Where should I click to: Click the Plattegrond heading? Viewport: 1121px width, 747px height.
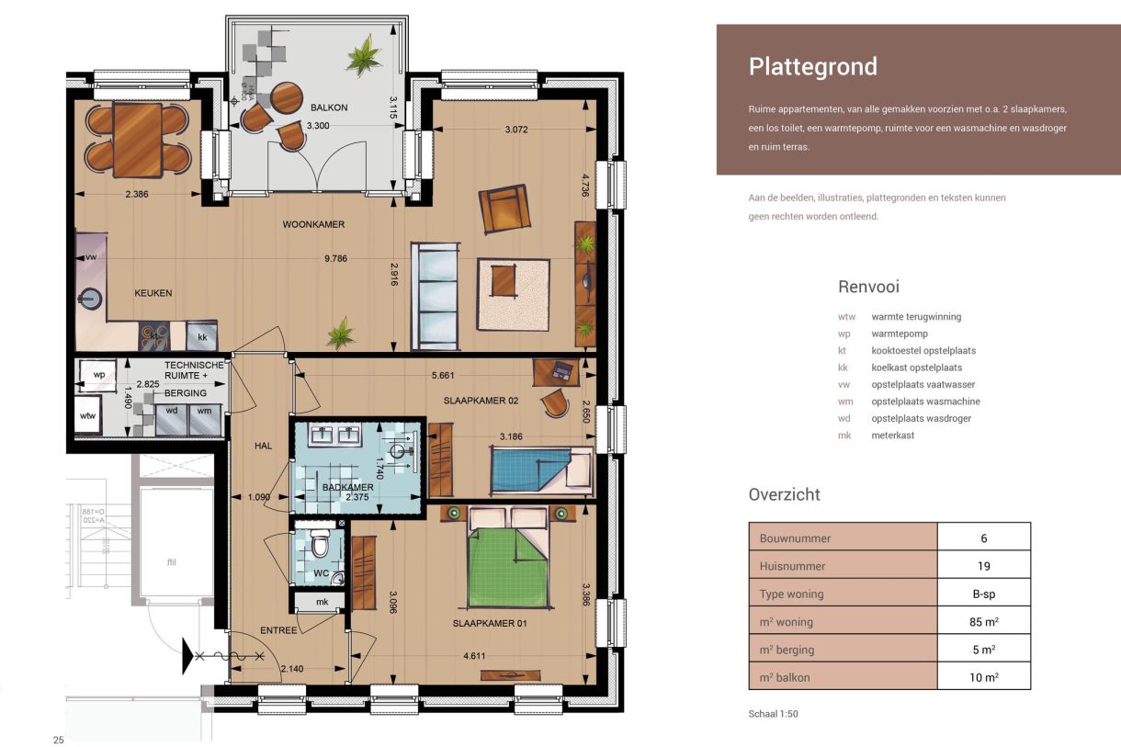pos(812,67)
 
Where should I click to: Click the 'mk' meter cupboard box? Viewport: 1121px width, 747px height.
pos(321,602)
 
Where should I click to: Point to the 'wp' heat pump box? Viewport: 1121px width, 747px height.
pos(97,376)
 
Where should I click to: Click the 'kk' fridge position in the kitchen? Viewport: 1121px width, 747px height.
pos(202,337)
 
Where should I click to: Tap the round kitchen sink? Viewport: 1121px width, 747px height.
pos(91,299)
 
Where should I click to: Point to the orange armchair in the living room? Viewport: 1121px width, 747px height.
pos(504,209)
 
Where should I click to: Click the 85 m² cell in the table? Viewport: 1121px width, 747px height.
pos(983,622)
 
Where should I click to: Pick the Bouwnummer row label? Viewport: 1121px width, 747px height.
pos(795,538)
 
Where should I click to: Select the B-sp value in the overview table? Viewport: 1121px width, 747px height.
pos(983,594)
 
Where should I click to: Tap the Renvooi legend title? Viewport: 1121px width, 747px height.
pos(868,287)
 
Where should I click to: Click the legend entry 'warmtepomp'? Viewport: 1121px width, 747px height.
pos(900,334)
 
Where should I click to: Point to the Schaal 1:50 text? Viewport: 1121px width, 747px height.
pos(774,714)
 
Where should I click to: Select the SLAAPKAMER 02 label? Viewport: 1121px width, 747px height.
pos(481,401)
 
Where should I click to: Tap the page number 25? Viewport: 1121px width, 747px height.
pos(59,740)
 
